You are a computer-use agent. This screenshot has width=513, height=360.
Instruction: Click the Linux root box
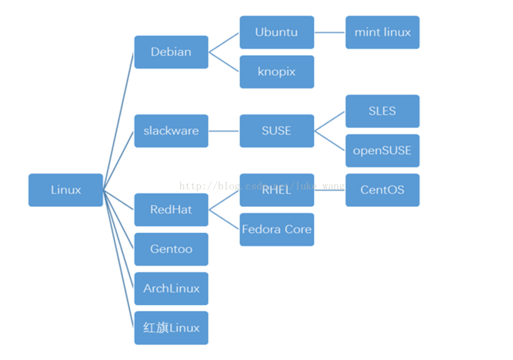(x=66, y=190)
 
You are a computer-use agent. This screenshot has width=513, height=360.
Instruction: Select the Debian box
(x=171, y=52)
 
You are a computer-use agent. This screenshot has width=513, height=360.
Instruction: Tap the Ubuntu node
(x=276, y=32)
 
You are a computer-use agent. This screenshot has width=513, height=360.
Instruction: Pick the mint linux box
(x=382, y=32)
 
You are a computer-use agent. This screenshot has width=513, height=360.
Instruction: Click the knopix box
(x=276, y=72)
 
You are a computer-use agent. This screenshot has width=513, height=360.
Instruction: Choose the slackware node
(x=171, y=131)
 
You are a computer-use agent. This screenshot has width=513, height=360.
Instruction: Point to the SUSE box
(x=276, y=131)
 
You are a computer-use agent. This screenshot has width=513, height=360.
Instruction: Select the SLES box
(x=382, y=111)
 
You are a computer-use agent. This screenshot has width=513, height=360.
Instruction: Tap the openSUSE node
(x=382, y=151)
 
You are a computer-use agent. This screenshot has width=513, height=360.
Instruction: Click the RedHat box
(x=171, y=210)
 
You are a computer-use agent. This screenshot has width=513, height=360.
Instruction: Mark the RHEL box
(x=276, y=190)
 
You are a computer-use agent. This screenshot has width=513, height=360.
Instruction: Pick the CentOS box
(x=382, y=190)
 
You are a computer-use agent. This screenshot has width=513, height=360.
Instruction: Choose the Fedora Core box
(x=276, y=230)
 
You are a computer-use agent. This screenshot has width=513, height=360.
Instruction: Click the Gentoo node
(x=171, y=249)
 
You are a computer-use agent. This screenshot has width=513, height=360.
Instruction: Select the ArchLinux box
(x=171, y=288)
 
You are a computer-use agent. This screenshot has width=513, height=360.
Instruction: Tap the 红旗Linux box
(x=171, y=328)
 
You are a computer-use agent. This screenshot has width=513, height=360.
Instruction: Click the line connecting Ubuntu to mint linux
(x=330, y=32)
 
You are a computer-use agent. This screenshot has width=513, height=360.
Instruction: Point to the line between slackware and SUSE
(x=223, y=131)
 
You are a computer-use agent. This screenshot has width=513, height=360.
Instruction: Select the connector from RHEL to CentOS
(x=330, y=190)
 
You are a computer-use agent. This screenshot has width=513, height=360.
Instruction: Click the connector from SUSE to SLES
(x=329, y=121)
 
